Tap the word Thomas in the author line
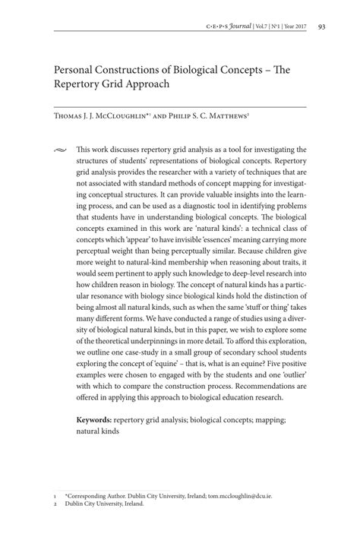coord(70,118)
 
